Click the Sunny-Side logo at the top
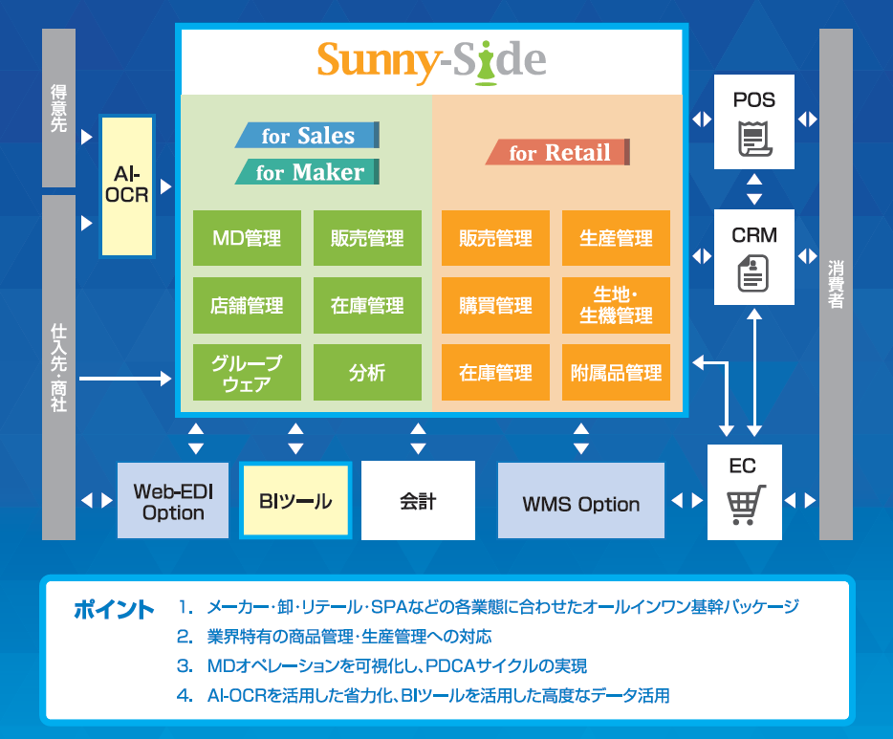tap(431, 60)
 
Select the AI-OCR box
tap(126, 186)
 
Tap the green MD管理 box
tap(247, 238)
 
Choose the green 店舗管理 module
tap(247, 305)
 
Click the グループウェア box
tap(247, 373)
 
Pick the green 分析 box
tap(367, 373)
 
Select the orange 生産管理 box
tap(616, 238)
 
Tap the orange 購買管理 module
tap(495, 305)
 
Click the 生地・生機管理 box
tap(616, 305)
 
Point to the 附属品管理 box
tap(616, 373)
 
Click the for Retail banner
tap(558, 152)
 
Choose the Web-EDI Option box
tap(174, 501)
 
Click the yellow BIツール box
tap(295, 500)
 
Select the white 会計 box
tap(418, 500)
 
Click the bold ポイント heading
tap(114, 610)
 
